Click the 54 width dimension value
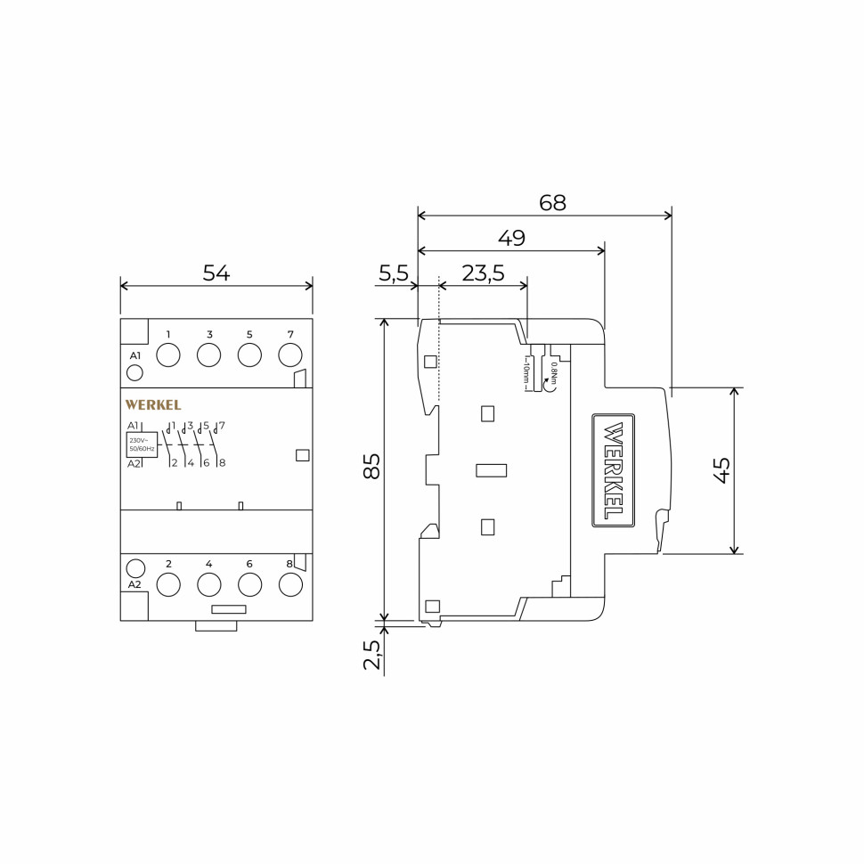216,273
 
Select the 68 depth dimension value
552,202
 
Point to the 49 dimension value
511,238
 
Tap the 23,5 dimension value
483,273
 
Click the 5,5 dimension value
393,273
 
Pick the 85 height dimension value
371,466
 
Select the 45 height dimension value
721,469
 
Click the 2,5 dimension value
371,655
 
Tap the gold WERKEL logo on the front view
153,405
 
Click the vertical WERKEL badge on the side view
614,470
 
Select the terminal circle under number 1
168,355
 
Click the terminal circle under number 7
290,355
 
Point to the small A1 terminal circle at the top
134,372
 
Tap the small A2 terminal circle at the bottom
135,568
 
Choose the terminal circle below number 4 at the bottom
209,584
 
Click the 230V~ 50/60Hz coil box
142,444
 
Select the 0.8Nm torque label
554,372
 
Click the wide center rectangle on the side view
491,470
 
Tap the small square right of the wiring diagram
302,455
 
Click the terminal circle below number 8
290,584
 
